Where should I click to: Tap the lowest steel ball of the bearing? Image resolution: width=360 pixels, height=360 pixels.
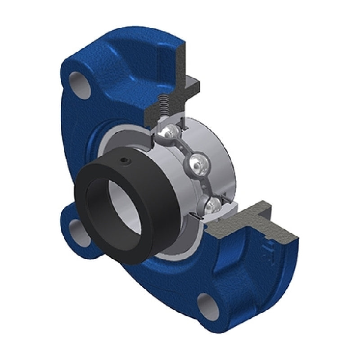pyautogui.click(x=213, y=206)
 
